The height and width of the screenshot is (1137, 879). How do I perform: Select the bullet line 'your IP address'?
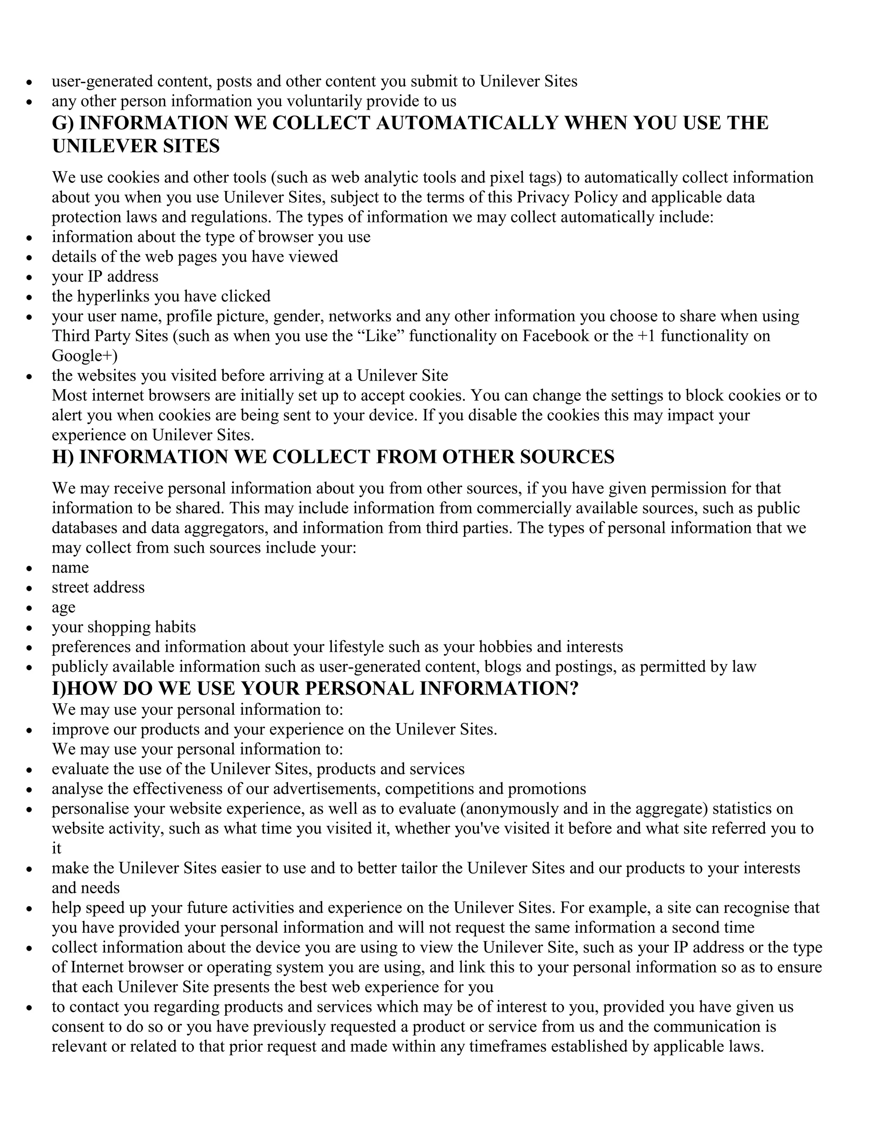[105, 276]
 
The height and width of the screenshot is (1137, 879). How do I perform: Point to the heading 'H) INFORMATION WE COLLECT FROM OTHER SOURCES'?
[333, 457]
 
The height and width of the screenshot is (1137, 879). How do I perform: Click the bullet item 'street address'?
[98, 587]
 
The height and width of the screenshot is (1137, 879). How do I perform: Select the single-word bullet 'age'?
[64, 608]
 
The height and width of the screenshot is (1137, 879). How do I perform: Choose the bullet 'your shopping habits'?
[124, 627]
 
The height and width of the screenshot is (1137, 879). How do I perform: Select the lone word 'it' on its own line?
[56, 848]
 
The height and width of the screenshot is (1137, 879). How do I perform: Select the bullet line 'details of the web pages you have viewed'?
[195, 257]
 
